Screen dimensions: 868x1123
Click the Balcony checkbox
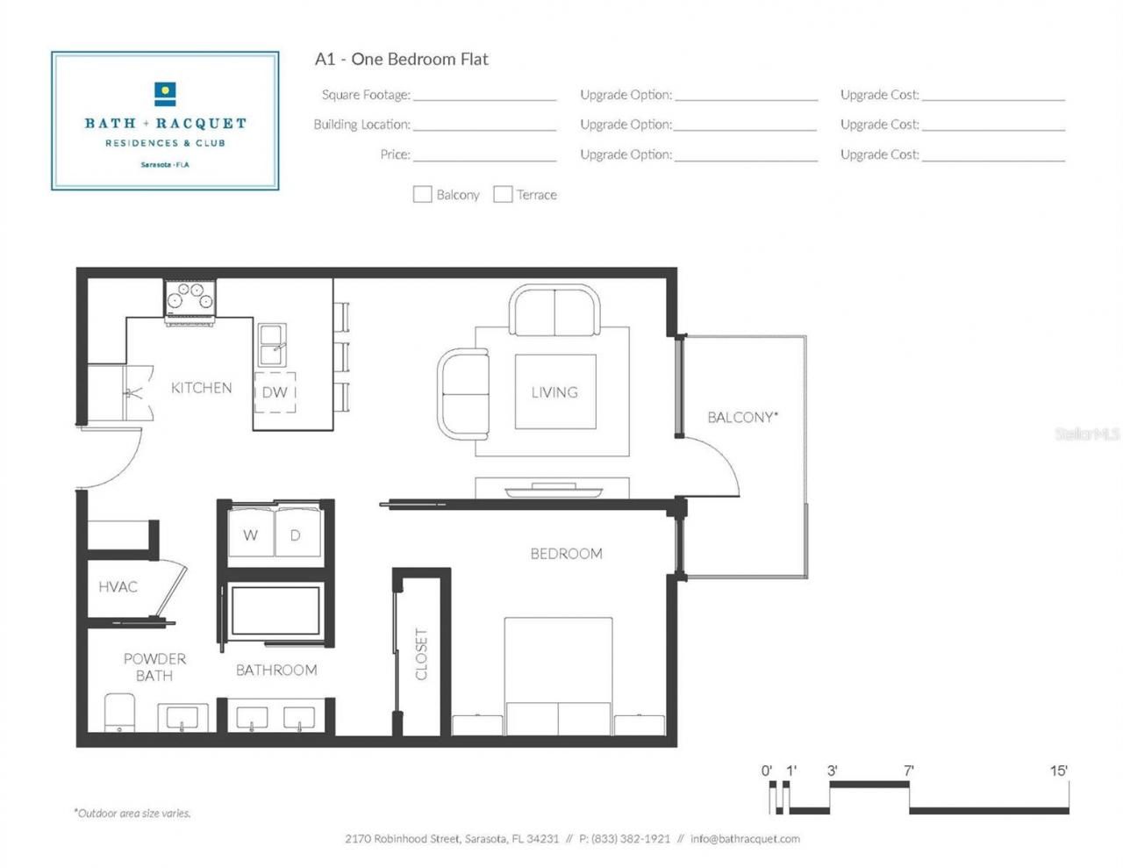[422, 194]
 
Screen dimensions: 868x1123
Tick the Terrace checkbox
[503, 194]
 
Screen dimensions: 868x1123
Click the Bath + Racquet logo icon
[165, 93]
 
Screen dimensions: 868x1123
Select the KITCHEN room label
[201, 388]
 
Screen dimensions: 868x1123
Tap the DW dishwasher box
[275, 391]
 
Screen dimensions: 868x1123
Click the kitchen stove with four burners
[190, 298]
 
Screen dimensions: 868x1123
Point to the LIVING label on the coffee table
[554, 392]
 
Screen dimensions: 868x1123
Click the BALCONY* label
[742, 417]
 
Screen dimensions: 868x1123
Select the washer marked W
[251, 532]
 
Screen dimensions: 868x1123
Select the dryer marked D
[297, 532]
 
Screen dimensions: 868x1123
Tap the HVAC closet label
[118, 586]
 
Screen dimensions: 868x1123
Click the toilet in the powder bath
[119, 712]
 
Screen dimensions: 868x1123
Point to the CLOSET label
[421, 654]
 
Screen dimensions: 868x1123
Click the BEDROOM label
[566, 554]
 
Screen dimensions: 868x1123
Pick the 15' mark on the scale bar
[1059, 771]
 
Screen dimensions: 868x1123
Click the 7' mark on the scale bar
[909, 771]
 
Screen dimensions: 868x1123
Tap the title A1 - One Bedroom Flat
[401, 59]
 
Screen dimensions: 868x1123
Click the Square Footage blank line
[484, 96]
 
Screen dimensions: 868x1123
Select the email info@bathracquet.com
[745, 838]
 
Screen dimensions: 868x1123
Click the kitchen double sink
[271, 345]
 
